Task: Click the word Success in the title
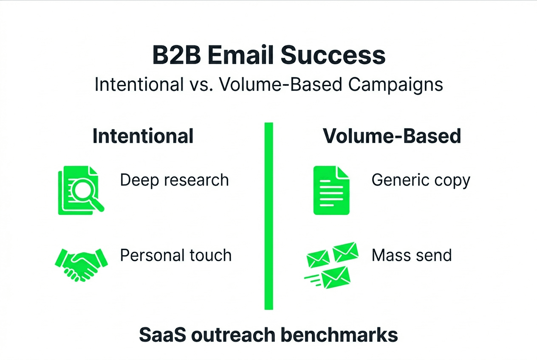(x=334, y=56)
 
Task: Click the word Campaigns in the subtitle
(x=396, y=84)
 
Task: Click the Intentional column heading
(x=143, y=136)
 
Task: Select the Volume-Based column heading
(x=392, y=136)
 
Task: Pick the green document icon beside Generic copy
(x=331, y=190)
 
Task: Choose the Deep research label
(x=174, y=180)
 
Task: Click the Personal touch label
(x=176, y=256)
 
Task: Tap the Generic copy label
(x=421, y=180)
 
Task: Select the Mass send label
(x=412, y=256)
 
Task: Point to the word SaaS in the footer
(x=162, y=335)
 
